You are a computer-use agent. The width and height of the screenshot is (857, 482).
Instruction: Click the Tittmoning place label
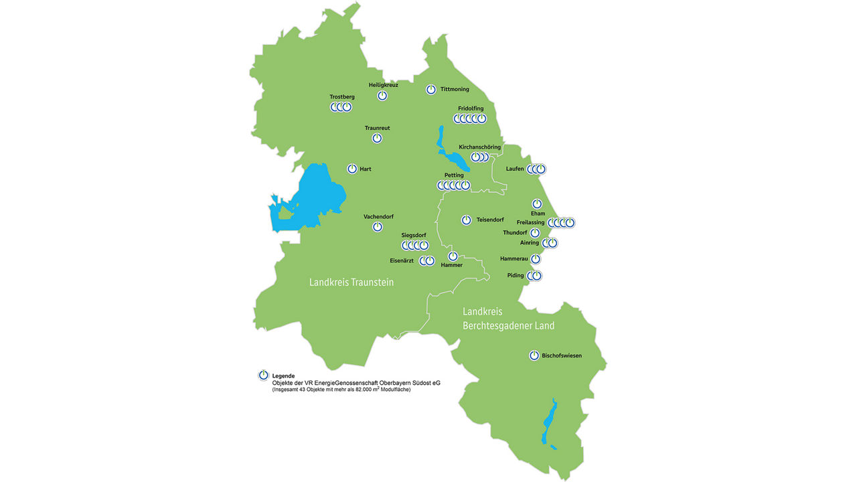[x=455, y=89]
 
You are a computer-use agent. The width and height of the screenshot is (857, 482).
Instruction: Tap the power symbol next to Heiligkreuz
[x=382, y=96]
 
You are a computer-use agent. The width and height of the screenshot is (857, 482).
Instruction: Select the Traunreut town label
[x=377, y=128]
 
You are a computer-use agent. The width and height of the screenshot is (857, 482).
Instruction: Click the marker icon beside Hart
[x=352, y=169]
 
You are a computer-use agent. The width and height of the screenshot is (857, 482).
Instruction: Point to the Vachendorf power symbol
[x=378, y=227]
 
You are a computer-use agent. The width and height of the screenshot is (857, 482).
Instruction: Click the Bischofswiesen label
[x=562, y=355]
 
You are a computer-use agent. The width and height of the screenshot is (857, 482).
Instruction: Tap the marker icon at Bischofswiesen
[x=534, y=355]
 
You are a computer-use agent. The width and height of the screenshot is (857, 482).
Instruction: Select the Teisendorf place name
[x=490, y=220]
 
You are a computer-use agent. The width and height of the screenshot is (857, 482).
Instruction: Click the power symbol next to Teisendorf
[x=467, y=220]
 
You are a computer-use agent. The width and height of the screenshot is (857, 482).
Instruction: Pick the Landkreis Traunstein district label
[x=352, y=283]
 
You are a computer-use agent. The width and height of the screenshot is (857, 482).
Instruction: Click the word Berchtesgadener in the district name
[x=499, y=326]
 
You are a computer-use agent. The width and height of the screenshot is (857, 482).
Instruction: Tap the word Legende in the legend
[x=283, y=376]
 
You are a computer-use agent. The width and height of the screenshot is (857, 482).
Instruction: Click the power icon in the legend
[x=264, y=376]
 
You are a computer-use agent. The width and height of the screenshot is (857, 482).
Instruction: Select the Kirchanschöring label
[x=479, y=147]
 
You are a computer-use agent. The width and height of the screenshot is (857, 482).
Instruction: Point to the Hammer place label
[x=452, y=265]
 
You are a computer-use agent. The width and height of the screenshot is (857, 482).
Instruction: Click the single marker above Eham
[x=537, y=204]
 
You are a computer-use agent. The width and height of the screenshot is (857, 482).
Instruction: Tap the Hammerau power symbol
[x=536, y=259]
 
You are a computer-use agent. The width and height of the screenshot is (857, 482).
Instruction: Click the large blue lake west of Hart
[x=315, y=197]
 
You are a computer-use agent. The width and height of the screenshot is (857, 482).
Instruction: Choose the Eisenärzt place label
[x=402, y=260]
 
